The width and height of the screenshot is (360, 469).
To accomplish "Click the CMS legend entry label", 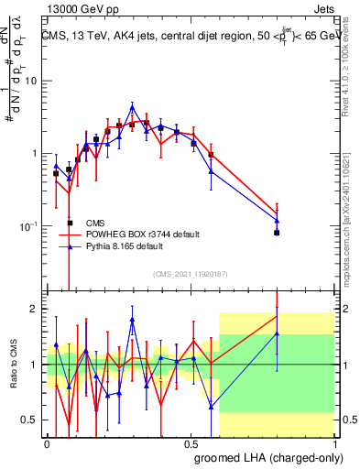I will click(x=95, y=223).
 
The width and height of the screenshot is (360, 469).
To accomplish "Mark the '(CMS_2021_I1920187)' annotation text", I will click(x=191, y=273).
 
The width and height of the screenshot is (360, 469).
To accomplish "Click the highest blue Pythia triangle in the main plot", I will click(x=132, y=107).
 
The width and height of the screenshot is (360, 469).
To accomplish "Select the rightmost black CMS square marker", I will click(x=277, y=233).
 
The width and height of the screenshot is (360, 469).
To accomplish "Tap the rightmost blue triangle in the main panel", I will click(x=277, y=221).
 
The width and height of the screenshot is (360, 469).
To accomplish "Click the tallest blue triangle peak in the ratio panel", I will click(x=132, y=321).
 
